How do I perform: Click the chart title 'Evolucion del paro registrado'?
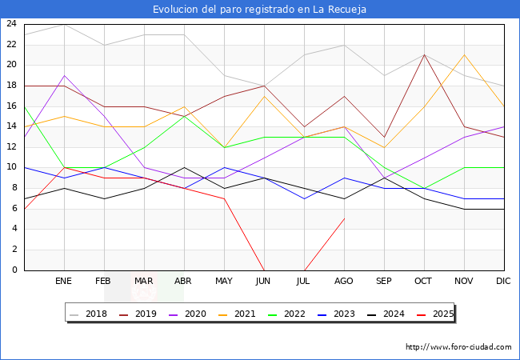(x=260, y=10)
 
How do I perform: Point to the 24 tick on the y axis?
(x=11, y=24)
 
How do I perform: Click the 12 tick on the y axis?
(x=11, y=147)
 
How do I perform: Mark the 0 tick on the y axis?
(x=14, y=270)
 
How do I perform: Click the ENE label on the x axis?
(x=64, y=282)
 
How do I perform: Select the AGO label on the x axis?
(x=344, y=282)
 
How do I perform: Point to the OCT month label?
(x=424, y=282)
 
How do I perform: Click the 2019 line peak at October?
(x=424, y=54)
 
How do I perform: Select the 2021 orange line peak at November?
(x=464, y=54)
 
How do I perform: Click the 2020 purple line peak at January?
(x=64, y=75)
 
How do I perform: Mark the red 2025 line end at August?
(x=344, y=218)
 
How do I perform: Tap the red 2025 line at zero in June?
(x=264, y=270)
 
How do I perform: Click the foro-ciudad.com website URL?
(x=458, y=347)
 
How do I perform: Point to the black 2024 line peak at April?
(x=184, y=167)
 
